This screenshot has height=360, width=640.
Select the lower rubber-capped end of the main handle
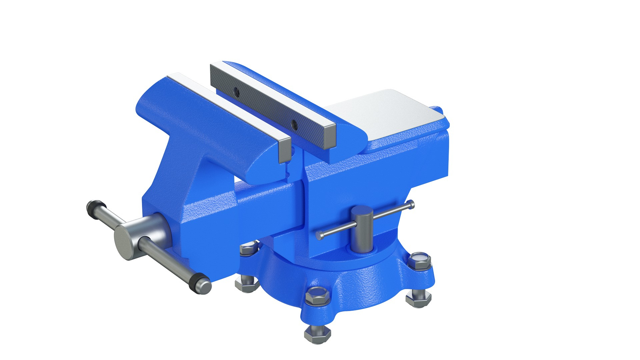pos(200,285)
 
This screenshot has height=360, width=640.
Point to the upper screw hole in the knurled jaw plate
pos(236,91)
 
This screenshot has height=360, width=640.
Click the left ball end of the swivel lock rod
pos(320,236)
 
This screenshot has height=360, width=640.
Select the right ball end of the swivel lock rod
pos(411,204)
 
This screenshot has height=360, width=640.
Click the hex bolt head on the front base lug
pos(318,295)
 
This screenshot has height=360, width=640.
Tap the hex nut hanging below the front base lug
pos(317,334)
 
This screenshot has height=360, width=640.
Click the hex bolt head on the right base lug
pos(420,260)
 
